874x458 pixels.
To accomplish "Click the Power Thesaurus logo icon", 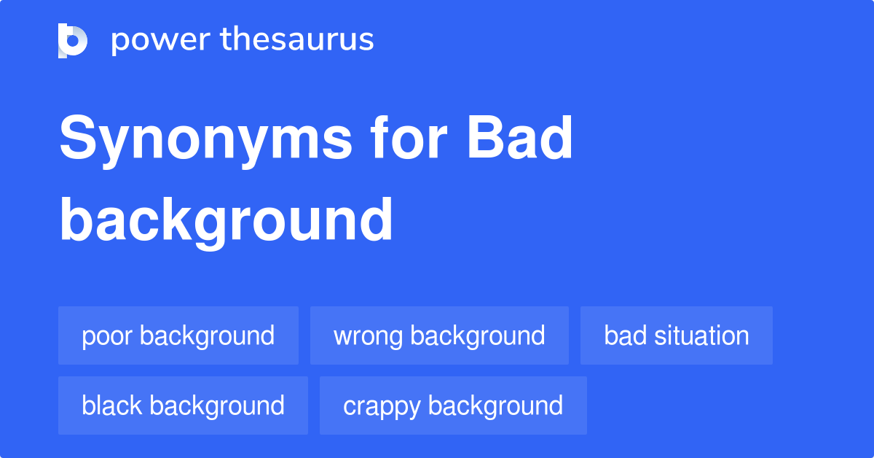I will [72, 40].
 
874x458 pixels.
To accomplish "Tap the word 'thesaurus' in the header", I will [297, 40].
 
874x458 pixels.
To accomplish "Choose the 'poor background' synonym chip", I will [178, 335].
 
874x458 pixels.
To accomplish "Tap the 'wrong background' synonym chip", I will [439, 335].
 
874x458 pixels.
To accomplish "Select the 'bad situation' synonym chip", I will [677, 335].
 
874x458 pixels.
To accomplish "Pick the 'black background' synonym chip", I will [183, 405].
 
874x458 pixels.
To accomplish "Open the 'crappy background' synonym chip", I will [453, 405].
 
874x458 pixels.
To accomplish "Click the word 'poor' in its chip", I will [107, 336].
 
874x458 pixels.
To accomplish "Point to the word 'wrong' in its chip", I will [369, 336].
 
